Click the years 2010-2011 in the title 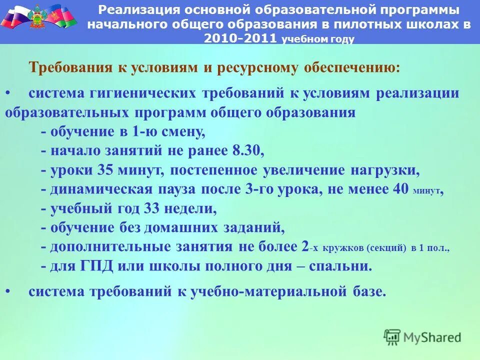240,39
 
